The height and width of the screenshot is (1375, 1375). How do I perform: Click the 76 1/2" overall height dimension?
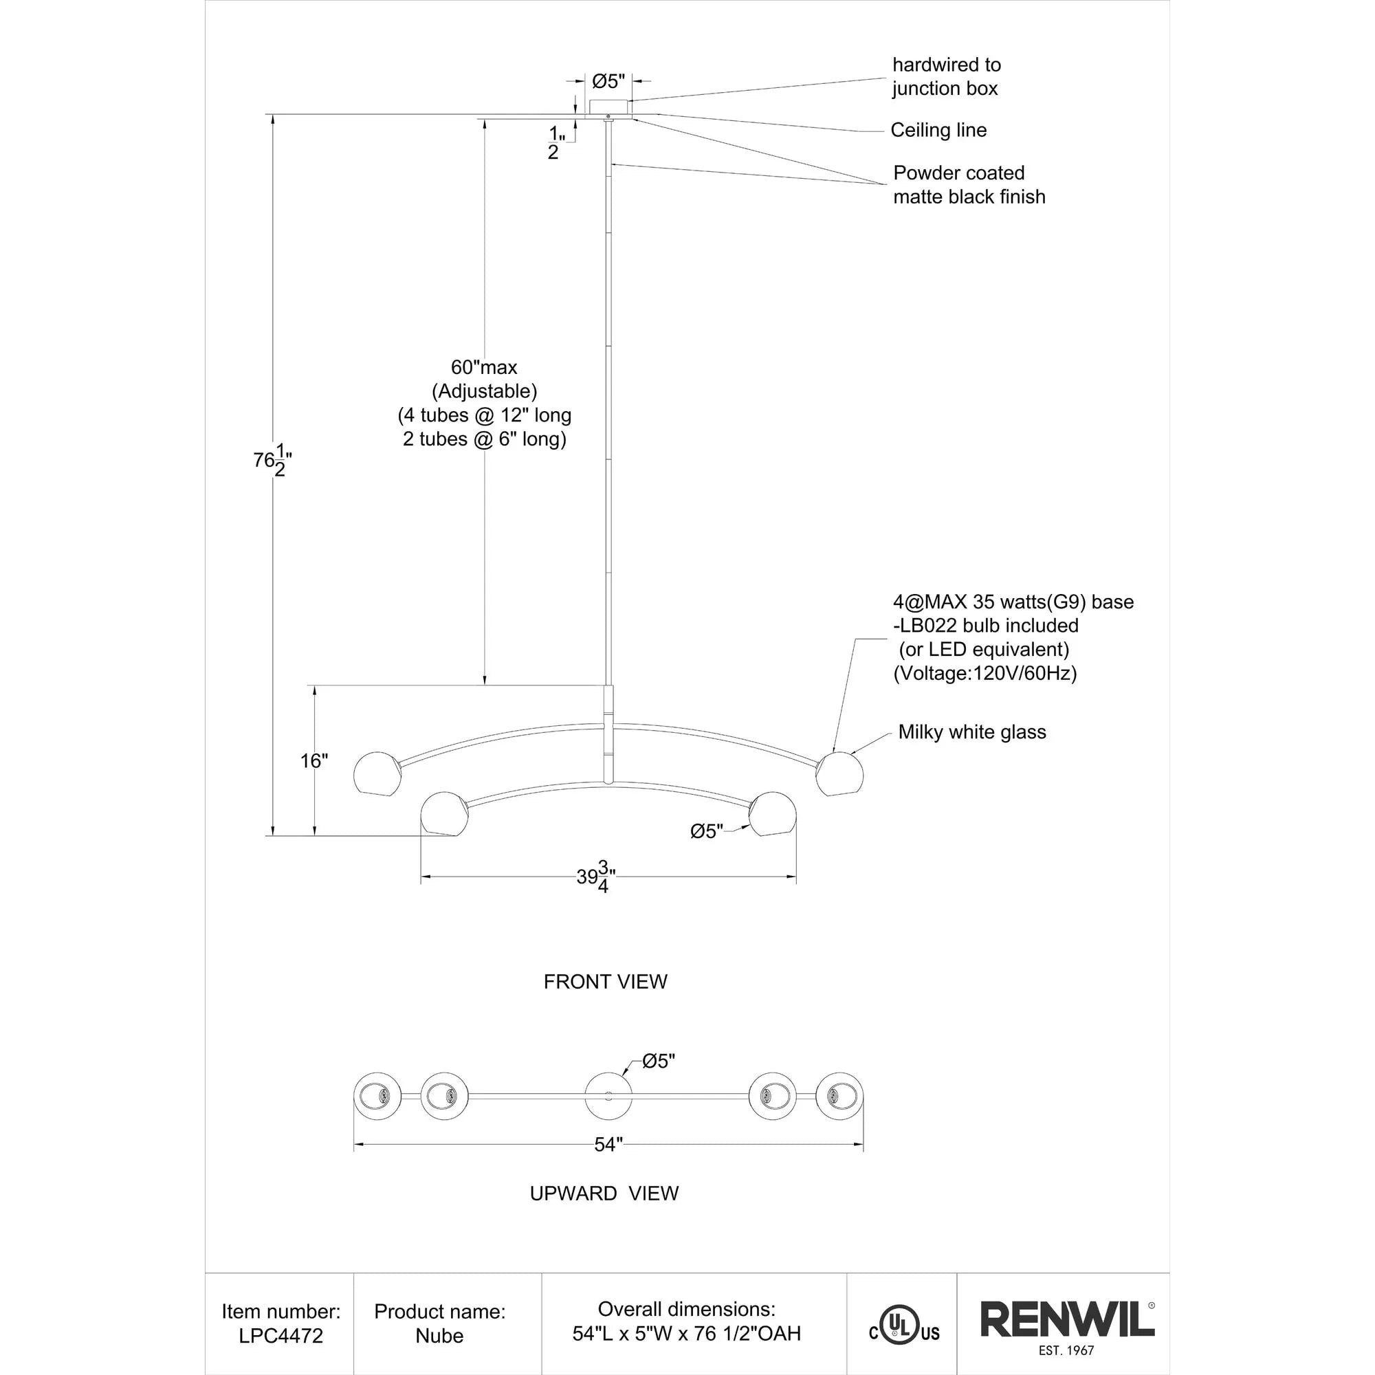272,461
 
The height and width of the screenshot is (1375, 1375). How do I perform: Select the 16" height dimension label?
314,761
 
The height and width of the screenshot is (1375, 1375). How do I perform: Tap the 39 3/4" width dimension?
595,877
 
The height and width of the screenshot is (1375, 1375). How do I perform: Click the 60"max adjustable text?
484,367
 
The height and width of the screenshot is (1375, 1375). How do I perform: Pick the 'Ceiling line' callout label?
938,130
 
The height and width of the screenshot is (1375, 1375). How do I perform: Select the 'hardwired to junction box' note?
946,77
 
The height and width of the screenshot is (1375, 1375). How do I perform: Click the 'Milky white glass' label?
971,731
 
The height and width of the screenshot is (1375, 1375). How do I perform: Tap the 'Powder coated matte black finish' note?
969,185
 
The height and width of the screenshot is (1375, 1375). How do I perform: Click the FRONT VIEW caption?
605,982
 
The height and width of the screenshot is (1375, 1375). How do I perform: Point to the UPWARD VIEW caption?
604,1193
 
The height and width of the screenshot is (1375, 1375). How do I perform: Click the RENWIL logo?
1067,1320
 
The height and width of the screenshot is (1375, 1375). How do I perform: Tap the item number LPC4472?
280,1336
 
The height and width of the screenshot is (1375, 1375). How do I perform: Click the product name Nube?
439,1336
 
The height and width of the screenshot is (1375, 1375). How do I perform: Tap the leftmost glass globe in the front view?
377,773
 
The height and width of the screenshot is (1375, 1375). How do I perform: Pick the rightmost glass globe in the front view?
840,773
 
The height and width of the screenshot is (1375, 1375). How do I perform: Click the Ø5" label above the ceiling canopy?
608,82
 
